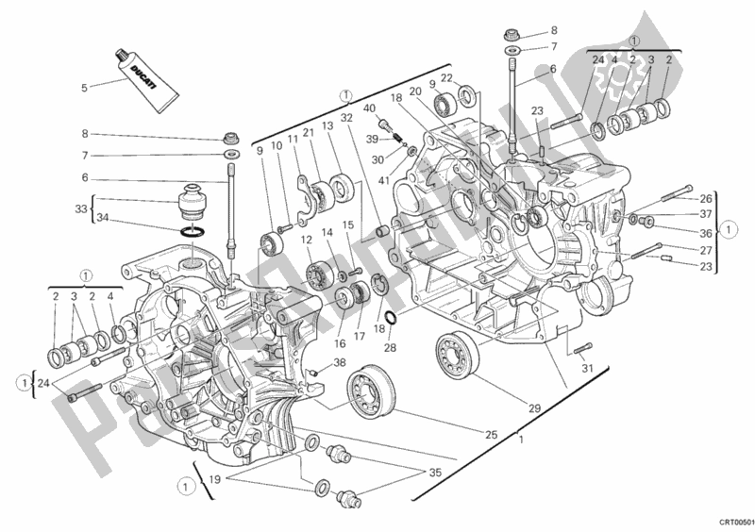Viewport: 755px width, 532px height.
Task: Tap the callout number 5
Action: tap(85, 89)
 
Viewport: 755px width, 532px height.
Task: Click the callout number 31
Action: tap(587, 369)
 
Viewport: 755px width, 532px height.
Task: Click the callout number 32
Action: tap(346, 118)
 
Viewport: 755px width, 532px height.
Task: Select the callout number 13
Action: tap(327, 125)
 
